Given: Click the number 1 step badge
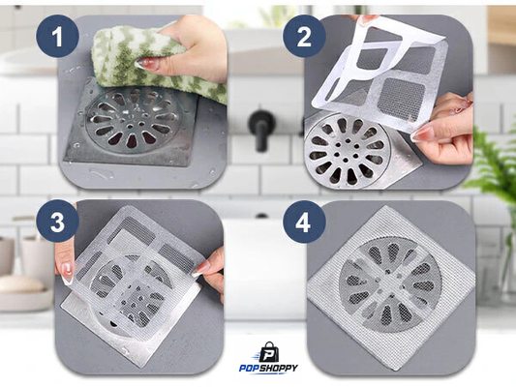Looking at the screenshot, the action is tap(57, 37).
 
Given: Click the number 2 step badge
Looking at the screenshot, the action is tap(304, 37).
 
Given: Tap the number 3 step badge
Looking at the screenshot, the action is tap(57, 222).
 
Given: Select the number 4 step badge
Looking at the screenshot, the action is tap(304, 222).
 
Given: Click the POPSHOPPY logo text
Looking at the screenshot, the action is tap(268, 368).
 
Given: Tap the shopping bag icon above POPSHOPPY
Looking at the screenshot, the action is tap(268, 352).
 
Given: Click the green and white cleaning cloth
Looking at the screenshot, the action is tap(155, 63).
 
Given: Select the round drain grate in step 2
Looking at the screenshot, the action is tap(348, 150).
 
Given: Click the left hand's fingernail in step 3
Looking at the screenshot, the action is tap(68, 272).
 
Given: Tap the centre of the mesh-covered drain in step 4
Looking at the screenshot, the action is tap(390, 283).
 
